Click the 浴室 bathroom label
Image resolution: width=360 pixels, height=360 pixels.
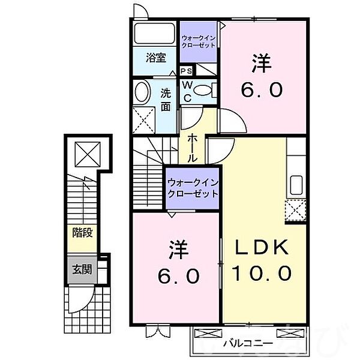tap(155, 58)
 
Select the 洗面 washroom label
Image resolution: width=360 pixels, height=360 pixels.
tap(166, 100)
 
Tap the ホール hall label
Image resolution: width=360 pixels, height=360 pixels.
tap(193, 147)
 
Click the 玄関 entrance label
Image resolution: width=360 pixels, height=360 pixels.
tap(82, 269)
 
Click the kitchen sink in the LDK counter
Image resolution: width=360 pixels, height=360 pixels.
tap(295, 184)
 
